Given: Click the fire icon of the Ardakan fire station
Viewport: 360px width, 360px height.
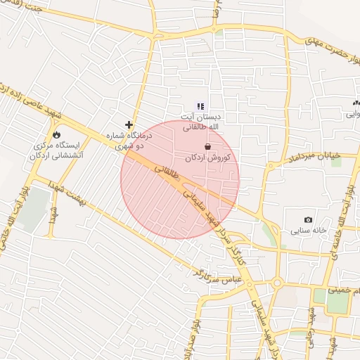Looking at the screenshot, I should [56, 134].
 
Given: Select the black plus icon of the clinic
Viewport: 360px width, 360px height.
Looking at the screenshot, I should [128, 124].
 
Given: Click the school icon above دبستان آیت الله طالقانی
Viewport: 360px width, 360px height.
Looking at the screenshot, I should [200, 106].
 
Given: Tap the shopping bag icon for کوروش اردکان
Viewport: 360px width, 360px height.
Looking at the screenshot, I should [208, 146].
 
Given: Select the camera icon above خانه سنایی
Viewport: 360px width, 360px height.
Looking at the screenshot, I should [308, 220].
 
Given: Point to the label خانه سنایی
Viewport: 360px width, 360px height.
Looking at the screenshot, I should [310, 231].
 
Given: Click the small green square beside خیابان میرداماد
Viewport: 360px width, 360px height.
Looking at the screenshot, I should [336, 161].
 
